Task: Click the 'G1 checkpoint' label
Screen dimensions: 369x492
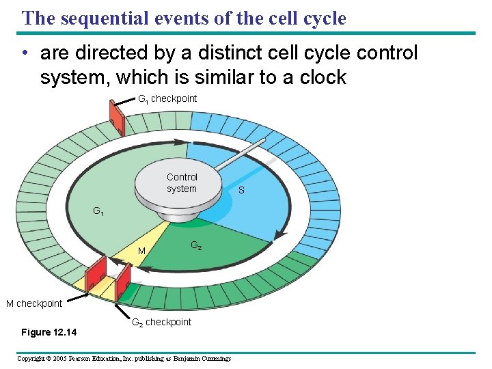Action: pos(167,99)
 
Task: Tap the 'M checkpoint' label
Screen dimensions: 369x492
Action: pos(34,303)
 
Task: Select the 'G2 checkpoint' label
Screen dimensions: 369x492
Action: pos(161,323)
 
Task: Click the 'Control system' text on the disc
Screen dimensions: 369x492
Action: pos(181,183)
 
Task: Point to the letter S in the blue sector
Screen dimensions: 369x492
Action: pos(241,191)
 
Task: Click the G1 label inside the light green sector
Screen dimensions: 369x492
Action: pos(99,211)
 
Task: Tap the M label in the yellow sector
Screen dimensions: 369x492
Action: pos(142,252)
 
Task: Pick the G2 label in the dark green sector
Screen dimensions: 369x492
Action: pos(195,245)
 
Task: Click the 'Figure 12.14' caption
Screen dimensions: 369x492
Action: pos(49,333)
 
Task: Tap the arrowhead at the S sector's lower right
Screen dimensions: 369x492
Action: pos(278,235)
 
